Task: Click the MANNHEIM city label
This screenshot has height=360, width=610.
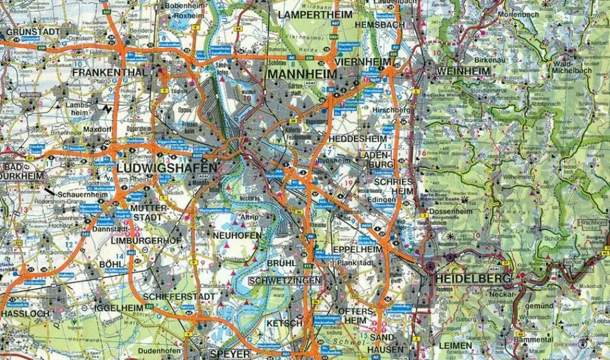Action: point(302,74)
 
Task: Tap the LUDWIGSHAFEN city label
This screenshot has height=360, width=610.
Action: point(166,168)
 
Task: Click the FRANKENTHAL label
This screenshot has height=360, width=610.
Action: point(109,72)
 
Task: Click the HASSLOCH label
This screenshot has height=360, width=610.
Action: point(25,313)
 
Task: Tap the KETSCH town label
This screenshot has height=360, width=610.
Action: point(284,323)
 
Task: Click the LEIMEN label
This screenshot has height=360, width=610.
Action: point(455,346)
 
